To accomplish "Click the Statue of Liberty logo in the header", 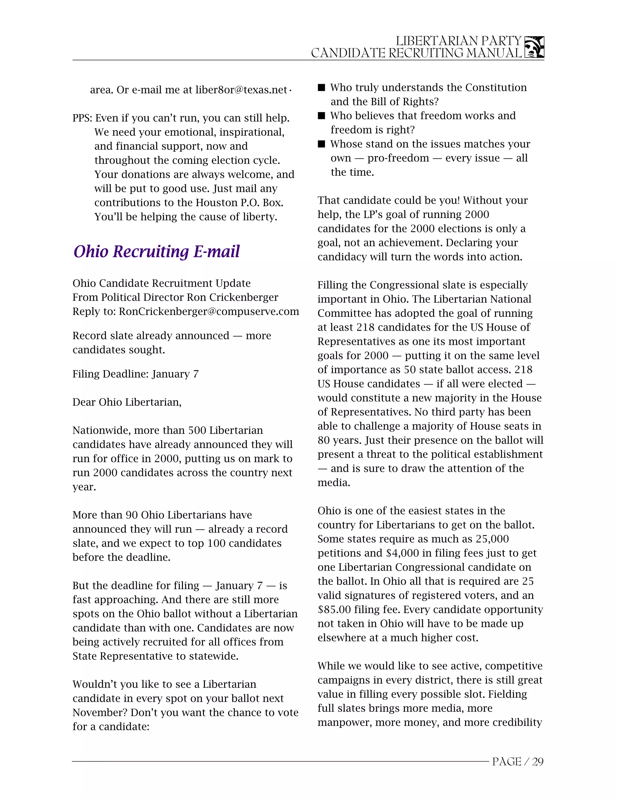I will pos(534,47).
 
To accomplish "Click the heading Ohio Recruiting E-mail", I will pos(156,251).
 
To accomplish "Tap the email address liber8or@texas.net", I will pos(241,90).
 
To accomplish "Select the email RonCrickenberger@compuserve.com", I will pos(209,311).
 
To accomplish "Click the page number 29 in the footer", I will pos(538,762).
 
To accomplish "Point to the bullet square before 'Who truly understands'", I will pos(321,88).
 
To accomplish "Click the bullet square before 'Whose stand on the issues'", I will pos(321,144).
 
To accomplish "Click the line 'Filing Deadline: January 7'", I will pos(136,374).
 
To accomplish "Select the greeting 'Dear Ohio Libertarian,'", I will pos(127,402).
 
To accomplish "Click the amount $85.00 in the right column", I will pos(334,609).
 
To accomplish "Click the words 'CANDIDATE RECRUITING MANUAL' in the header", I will pos(416,53).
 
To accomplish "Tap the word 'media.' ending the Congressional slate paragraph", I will pos(334,483).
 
